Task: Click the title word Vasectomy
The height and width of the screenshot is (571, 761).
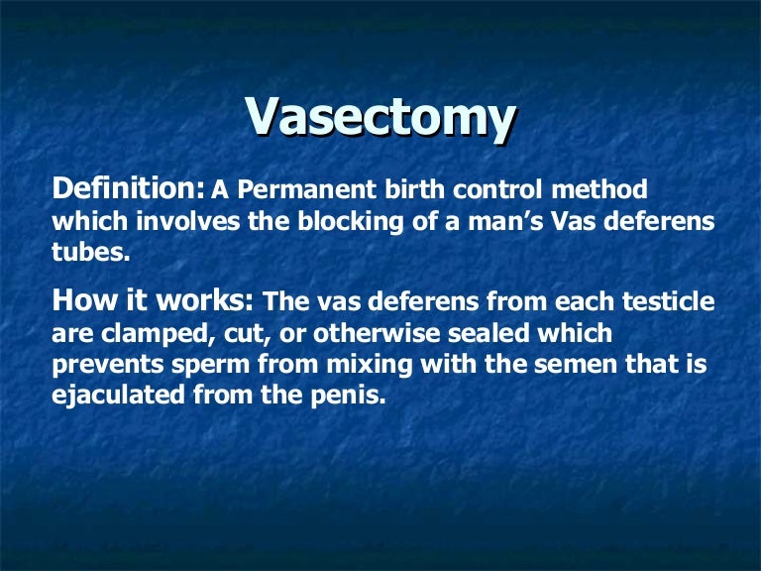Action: click(380, 118)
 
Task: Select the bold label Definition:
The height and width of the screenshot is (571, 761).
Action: click(128, 188)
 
